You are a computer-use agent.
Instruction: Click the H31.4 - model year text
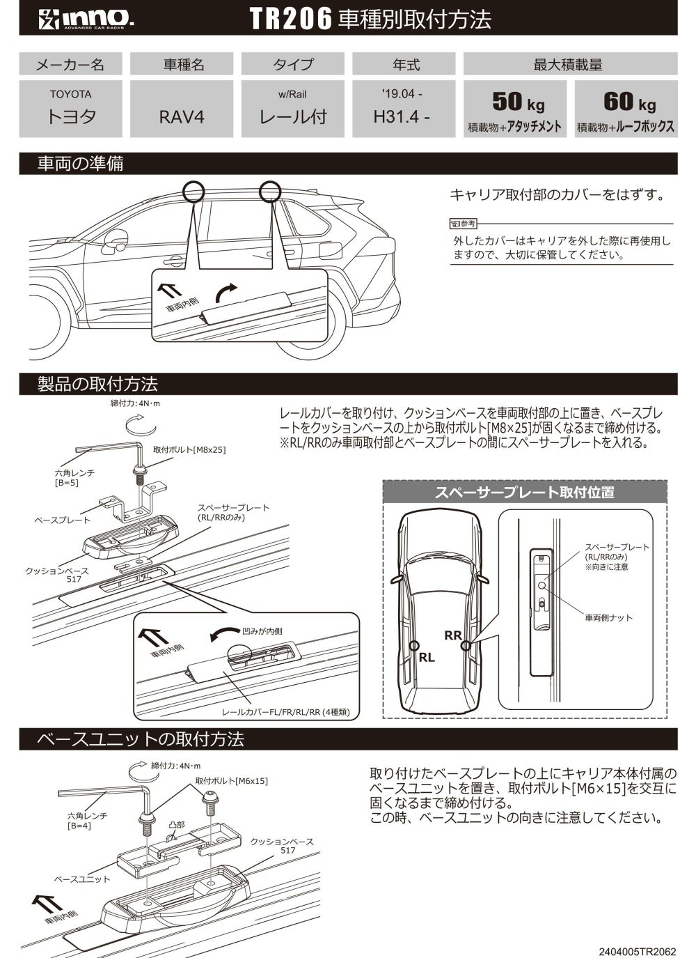pyautogui.click(x=402, y=116)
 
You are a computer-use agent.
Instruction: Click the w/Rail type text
pyautogui.click(x=292, y=95)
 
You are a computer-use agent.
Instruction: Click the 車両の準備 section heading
pyautogui.click(x=80, y=164)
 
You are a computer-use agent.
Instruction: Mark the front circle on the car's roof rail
pyautogui.click(x=193, y=190)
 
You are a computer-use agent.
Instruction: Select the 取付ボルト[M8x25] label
pyautogui.click(x=189, y=449)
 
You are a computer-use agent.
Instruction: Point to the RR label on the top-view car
pyautogui.click(x=453, y=635)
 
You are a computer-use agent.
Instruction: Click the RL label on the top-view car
pyautogui.click(x=427, y=657)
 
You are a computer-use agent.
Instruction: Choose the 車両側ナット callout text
pyautogui.click(x=608, y=617)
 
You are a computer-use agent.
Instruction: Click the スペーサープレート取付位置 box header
pyautogui.click(x=524, y=493)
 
